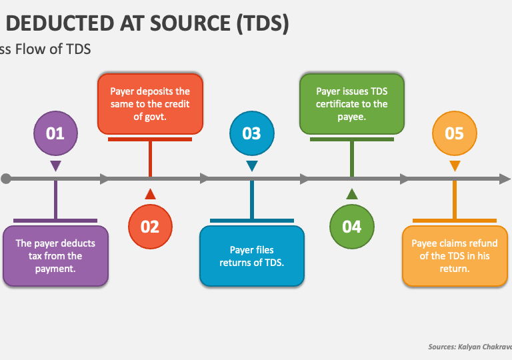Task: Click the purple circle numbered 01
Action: click(x=55, y=133)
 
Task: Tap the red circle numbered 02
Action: click(x=150, y=226)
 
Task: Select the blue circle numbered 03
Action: click(x=251, y=133)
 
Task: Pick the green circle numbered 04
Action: click(x=351, y=226)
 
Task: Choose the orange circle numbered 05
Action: click(x=454, y=133)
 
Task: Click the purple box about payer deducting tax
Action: click(x=55, y=256)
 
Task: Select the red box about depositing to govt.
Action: click(x=150, y=104)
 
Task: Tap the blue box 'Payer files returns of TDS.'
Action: click(x=252, y=256)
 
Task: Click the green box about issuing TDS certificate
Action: click(x=351, y=103)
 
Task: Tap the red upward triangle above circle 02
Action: click(x=150, y=194)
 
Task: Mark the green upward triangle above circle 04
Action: click(x=351, y=194)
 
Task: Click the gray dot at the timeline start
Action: click(x=6, y=179)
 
